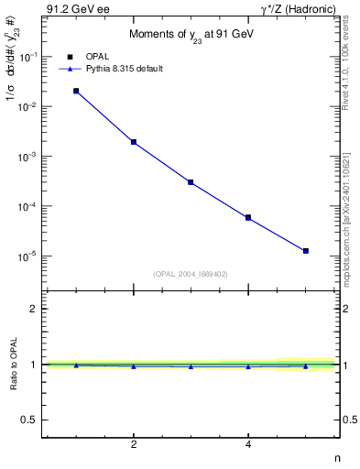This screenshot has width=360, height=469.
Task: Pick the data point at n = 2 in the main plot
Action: [x=134, y=142]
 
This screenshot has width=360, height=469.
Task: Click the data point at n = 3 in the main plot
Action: [x=191, y=182]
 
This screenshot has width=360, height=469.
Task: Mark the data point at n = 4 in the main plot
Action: [x=248, y=217]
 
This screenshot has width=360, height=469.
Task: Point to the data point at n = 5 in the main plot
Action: [x=306, y=250]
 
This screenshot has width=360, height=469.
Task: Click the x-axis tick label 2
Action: [x=134, y=445]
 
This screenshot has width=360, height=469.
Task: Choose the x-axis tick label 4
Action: [x=248, y=445]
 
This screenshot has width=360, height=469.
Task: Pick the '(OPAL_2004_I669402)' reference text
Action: [x=191, y=274]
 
